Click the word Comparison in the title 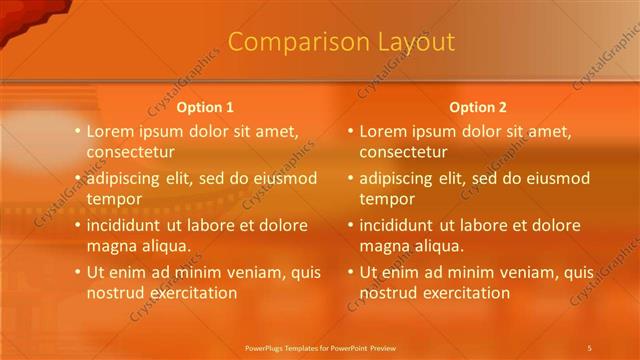click(x=288, y=42)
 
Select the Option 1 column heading click(x=205, y=107)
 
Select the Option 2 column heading click(x=478, y=107)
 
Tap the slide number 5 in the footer click(x=589, y=347)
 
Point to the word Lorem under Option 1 click(x=110, y=131)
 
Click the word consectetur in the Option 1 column click(x=130, y=152)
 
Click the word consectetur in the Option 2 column click(x=403, y=152)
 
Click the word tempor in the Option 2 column click(x=385, y=199)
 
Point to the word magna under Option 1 click(x=110, y=246)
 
